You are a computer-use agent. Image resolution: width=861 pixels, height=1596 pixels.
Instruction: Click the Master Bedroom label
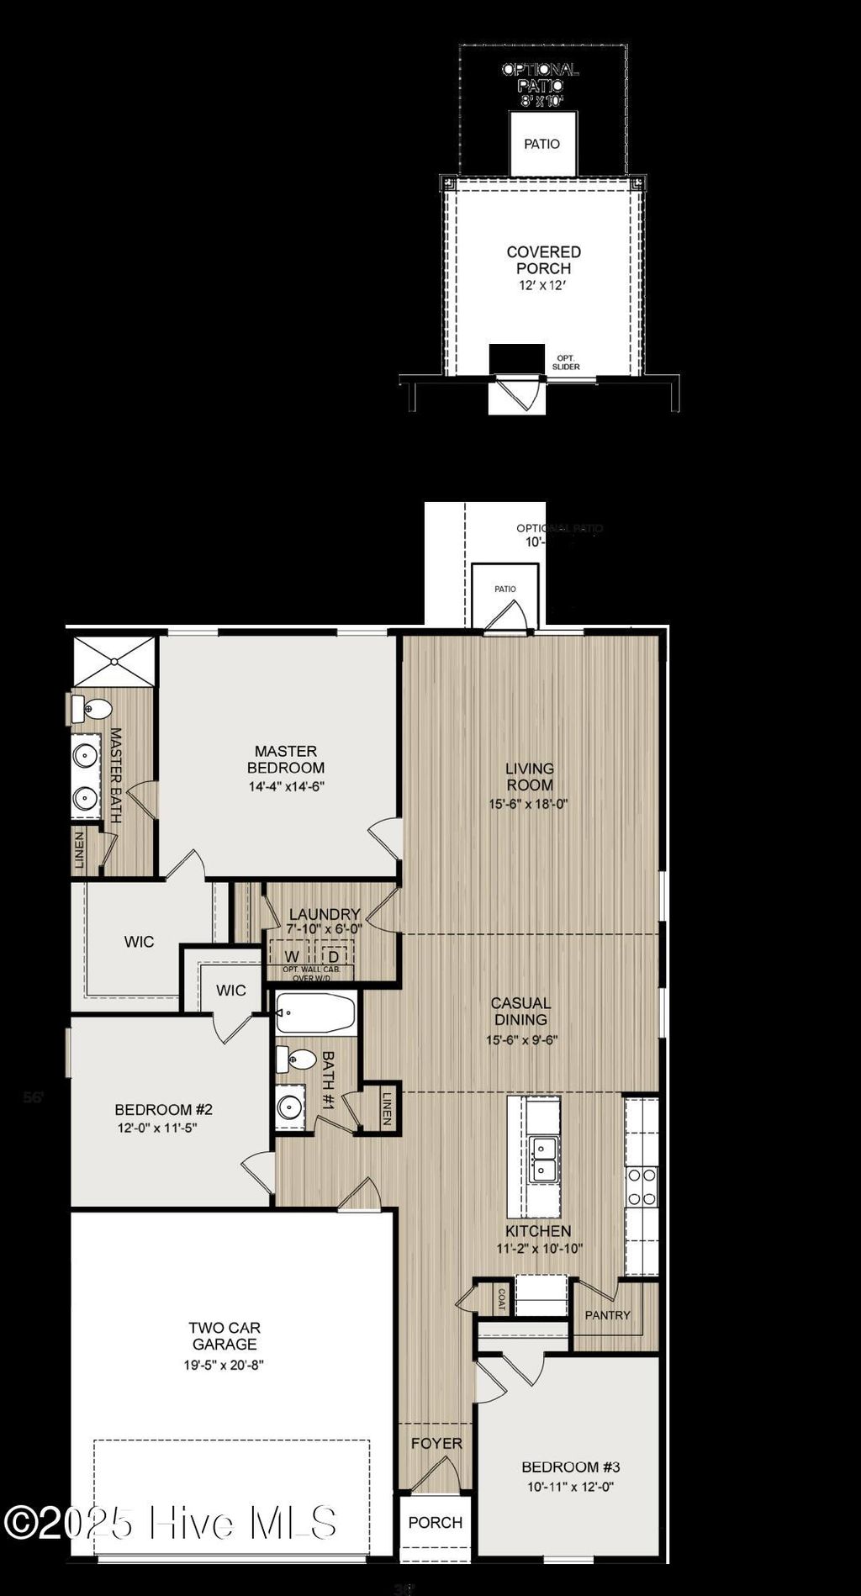[x=285, y=758]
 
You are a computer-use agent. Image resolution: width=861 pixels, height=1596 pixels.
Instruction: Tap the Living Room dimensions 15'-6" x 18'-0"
[x=528, y=804]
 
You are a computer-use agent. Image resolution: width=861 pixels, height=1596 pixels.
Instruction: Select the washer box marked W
[x=291, y=956]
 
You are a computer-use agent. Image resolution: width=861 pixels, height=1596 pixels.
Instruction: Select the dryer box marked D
[x=334, y=956]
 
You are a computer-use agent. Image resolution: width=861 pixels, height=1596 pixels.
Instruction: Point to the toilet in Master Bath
[x=90, y=709]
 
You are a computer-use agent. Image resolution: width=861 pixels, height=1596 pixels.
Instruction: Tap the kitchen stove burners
[x=642, y=1186]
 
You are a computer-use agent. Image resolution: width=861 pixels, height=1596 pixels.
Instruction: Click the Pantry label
[x=607, y=1315]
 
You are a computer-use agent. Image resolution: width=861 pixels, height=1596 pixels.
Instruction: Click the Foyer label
[x=436, y=1443]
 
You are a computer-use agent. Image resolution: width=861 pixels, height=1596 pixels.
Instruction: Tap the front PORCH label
[x=435, y=1522]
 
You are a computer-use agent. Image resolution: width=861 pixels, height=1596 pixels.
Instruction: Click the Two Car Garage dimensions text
[x=224, y=1365]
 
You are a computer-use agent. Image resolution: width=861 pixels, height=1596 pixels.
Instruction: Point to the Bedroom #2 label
[x=163, y=1109]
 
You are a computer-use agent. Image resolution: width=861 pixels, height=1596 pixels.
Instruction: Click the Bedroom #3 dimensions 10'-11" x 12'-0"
[x=570, y=1486]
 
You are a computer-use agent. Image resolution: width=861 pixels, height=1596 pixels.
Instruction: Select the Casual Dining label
[x=520, y=1011]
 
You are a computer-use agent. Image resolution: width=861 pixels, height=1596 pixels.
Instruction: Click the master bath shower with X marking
[x=114, y=661]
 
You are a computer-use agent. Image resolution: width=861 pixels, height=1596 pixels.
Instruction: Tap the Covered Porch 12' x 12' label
[x=543, y=267]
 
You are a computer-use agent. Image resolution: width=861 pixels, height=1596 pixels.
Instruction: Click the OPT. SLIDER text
[x=566, y=362]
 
